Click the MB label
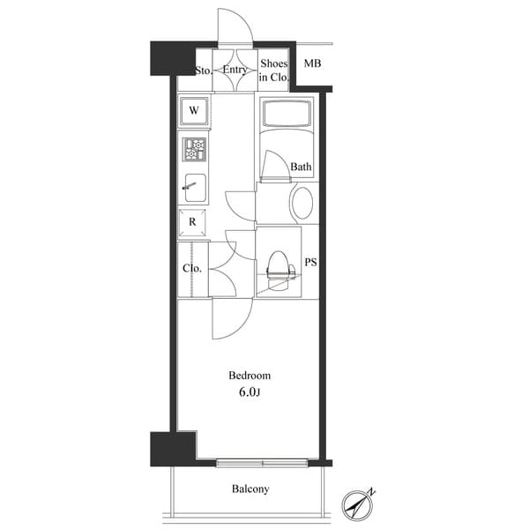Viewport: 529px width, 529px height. (x=312, y=64)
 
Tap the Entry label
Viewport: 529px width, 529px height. (x=235, y=69)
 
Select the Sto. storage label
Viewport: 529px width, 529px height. (x=203, y=70)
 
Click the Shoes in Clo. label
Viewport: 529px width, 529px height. (x=273, y=71)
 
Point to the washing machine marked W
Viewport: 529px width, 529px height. (x=194, y=112)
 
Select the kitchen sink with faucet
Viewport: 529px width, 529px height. (x=194, y=186)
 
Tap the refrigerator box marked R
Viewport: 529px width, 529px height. (x=193, y=222)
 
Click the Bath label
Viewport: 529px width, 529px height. (x=301, y=167)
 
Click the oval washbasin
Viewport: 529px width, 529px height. (x=302, y=202)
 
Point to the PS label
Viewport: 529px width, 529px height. (x=310, y=262)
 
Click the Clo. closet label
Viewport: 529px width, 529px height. (x=192, y=269)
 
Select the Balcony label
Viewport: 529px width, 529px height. (x=250, y=489)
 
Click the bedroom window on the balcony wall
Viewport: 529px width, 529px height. (x=262, y=462)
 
